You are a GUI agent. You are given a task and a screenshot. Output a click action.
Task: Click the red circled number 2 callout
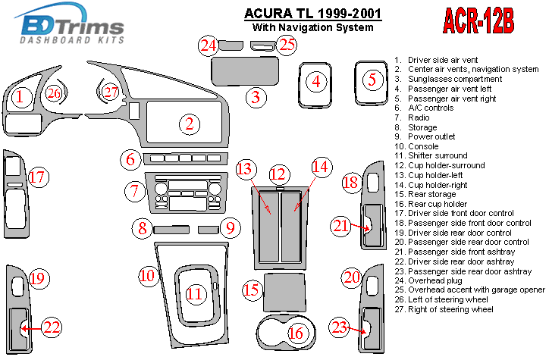point(190,124)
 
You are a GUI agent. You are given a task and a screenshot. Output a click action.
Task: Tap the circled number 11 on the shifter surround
point(196,293)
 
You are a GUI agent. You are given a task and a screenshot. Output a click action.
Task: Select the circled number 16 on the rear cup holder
point(296,332)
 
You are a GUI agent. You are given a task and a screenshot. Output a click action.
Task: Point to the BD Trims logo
point(69,27)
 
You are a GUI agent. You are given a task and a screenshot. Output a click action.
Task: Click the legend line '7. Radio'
point(419,117)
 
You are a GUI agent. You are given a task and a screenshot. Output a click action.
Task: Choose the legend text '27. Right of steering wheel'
point(450,309)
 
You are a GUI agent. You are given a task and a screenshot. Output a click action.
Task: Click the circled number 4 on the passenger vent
point(317,80)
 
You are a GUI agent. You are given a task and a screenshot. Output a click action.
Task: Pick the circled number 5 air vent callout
point(372,79)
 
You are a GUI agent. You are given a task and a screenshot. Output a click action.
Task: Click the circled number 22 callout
point(52,328)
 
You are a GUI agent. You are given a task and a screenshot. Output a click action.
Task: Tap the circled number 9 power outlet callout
point(231,226)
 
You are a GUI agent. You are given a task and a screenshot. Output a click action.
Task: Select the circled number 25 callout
point(286,45)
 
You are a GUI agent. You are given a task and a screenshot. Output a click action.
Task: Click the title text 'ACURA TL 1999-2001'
point(312,13)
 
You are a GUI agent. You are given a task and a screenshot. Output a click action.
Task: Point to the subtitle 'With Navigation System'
point(312,28)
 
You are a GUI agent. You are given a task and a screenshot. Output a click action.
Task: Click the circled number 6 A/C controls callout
point(130,159)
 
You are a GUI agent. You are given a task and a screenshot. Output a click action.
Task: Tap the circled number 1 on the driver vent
point(21,96)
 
